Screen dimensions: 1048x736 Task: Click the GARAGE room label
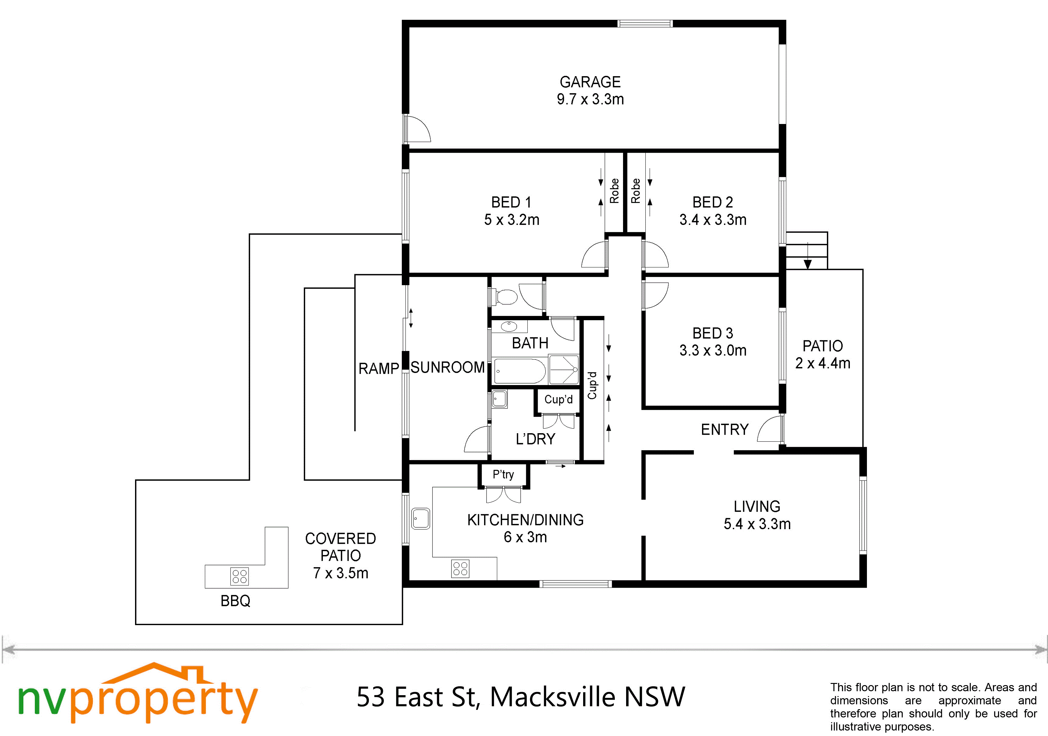590,82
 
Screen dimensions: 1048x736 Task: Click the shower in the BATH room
564,370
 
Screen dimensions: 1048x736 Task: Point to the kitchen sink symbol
420,518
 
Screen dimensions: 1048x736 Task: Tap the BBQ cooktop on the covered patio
240,576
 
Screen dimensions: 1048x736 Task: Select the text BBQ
236,601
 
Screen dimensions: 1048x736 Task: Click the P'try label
504,475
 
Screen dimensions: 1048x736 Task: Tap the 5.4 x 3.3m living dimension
757,524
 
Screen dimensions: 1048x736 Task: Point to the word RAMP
378,368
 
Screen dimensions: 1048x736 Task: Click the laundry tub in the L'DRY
499,399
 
